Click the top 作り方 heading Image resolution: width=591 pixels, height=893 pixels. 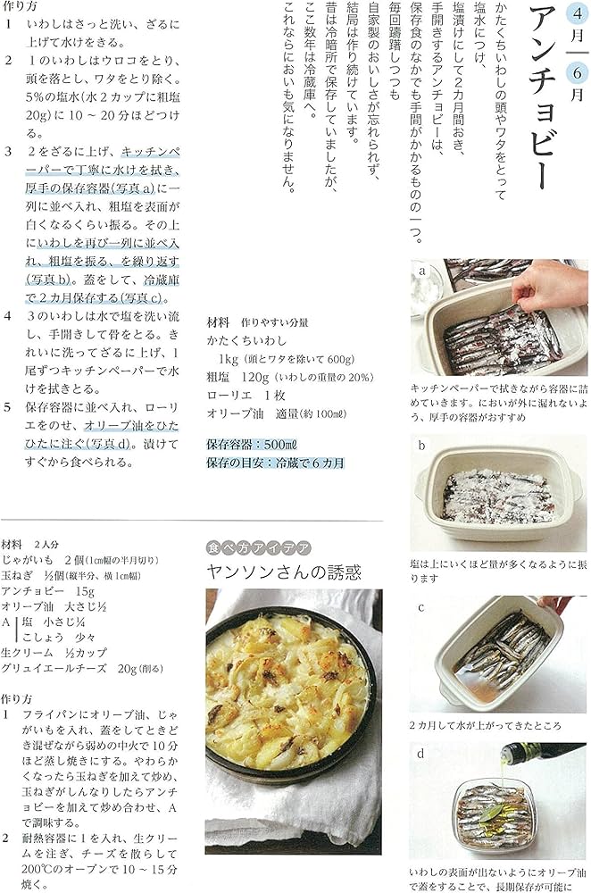tap(21, 7)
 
